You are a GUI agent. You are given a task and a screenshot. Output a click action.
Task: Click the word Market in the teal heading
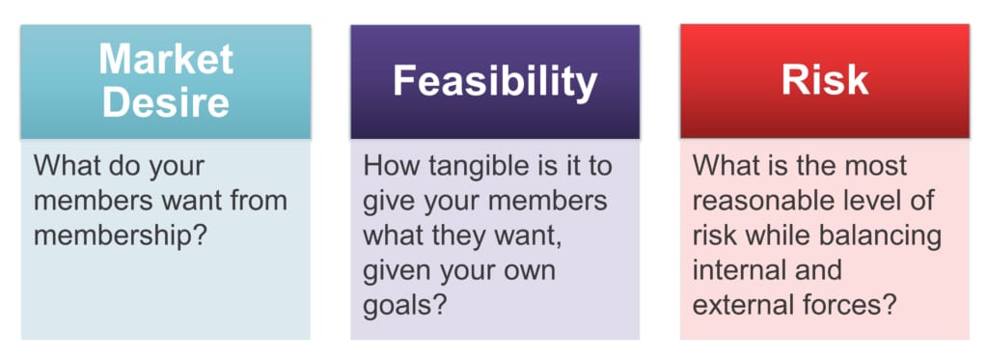pyautogui.click(x=166, y=60)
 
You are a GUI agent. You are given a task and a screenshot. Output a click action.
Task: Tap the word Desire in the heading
pyautogui.click(x=166, y=101)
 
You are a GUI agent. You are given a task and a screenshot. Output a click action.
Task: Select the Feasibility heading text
pyautogui.click(x=495, y=82)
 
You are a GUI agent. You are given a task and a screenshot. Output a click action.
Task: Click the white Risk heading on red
pyautogui.click(x=825, y=82)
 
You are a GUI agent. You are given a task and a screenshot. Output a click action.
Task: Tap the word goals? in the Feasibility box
pyautogui.click(x=402, y=305)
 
